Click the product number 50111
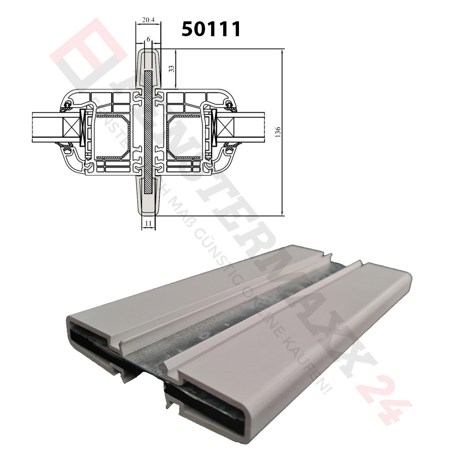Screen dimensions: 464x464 (211, 29)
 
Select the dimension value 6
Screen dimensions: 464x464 (148, 40)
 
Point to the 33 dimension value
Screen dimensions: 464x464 (171, 68)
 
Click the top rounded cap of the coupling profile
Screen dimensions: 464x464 (148, 56)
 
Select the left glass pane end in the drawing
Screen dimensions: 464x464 (44, 127)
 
